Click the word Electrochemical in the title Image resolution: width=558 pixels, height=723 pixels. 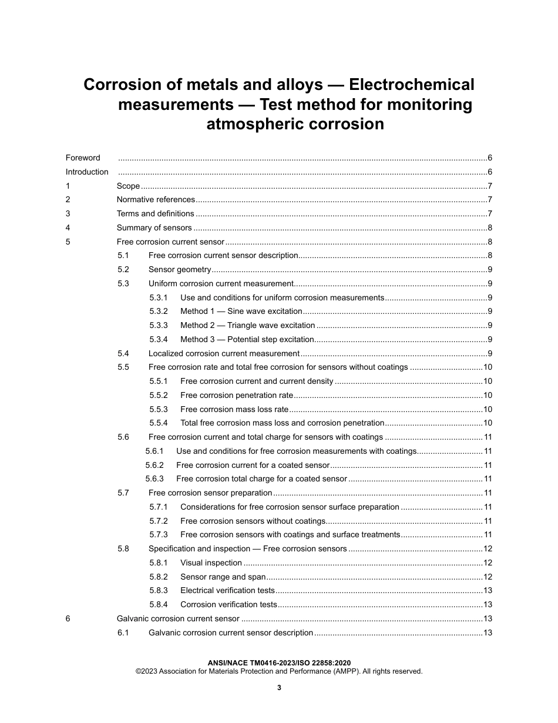point(411,85)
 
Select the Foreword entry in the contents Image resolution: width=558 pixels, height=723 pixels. point(83,158)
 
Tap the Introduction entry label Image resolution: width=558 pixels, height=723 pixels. point(87,172)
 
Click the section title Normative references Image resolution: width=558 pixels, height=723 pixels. point(156,200)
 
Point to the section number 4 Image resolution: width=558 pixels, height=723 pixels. point(68,227)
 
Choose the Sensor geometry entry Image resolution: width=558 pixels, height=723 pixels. point(179,269)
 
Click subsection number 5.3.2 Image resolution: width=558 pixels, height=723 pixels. point(159,311)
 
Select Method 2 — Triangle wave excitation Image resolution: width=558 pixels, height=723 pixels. point(247,325)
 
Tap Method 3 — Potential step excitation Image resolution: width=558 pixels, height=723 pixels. point(247,339)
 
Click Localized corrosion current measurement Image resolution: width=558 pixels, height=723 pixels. point(224,353)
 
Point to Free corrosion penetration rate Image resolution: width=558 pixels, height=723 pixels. point(236,395)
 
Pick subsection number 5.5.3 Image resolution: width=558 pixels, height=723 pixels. point(159,409)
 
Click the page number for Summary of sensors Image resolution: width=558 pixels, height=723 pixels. point(489,227)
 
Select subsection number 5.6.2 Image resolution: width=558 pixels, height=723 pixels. point(154,465)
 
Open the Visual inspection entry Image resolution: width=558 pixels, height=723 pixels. point(211,563)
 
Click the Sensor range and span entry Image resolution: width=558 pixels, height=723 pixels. point(223,577)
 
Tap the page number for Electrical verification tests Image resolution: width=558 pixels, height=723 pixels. point(488,590)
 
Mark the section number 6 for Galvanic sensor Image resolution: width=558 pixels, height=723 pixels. point(68,618)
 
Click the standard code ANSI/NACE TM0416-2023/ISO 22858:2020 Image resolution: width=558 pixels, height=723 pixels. point(279,662)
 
